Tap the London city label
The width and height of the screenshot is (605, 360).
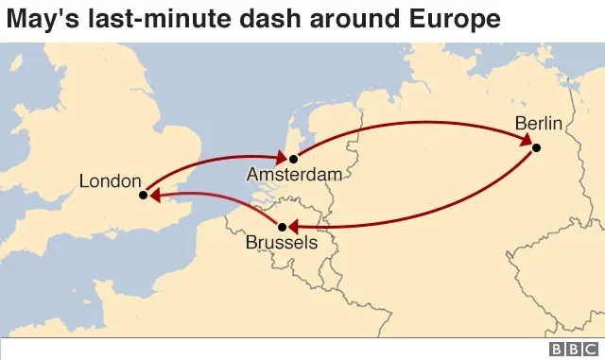(110, 180)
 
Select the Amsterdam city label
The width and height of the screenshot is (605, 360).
(293, 175)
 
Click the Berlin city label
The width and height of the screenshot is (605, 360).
(539, 124)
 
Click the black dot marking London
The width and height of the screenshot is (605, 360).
(143, 196)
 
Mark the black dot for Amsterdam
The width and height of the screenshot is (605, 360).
(293, 158)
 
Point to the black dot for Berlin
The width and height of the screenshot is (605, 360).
(536, 147)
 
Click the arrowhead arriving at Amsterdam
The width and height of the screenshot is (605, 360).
(280, 157)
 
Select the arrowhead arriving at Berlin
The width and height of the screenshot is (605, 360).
(523, 141)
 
